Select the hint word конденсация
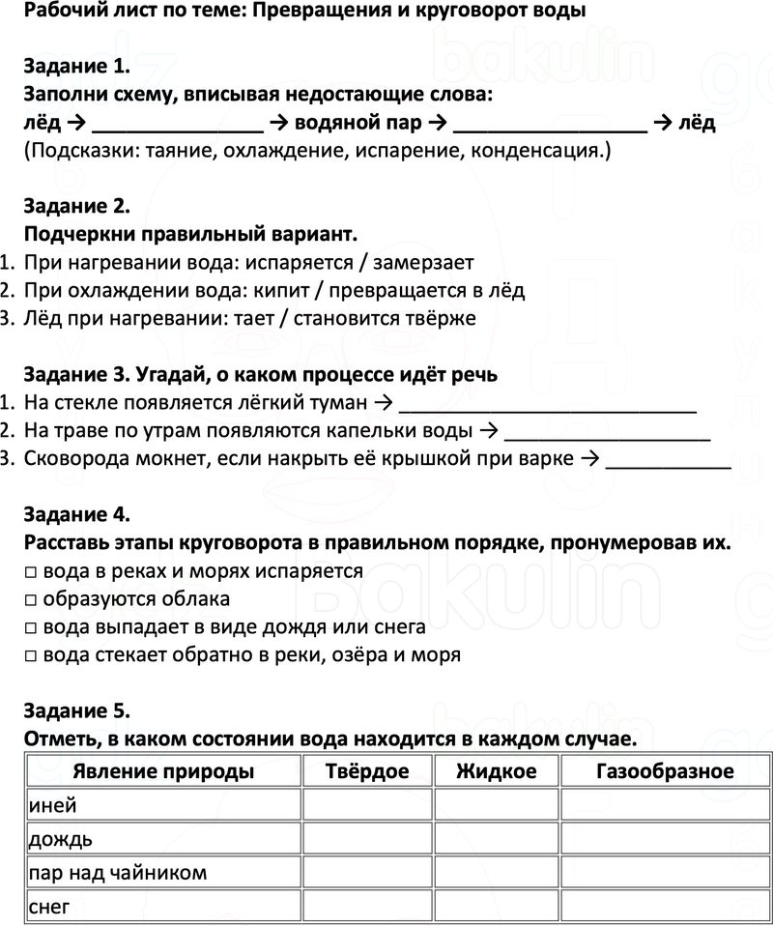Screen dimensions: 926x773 pos(546,152)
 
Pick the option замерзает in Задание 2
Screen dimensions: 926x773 pos(423,262)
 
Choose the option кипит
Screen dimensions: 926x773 pos(274,290)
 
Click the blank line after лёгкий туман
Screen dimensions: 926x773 pos(548,408)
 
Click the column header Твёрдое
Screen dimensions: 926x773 pos(367,771)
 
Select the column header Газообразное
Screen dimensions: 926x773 pos(665,771)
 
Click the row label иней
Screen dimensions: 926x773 pos(54,805)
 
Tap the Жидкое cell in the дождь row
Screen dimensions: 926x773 pos(497,839)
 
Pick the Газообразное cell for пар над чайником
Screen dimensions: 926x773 pos(665,873)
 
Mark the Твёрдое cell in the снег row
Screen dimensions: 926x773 pos(367,907)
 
